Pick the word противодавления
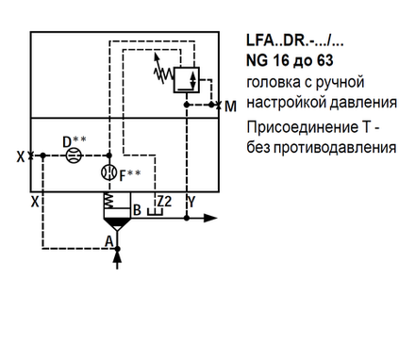[334, 148]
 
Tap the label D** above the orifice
[75, 141]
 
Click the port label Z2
[163, 201]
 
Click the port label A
[109, 241]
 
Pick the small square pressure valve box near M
[190, 79]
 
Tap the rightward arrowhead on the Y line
[212, 219]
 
